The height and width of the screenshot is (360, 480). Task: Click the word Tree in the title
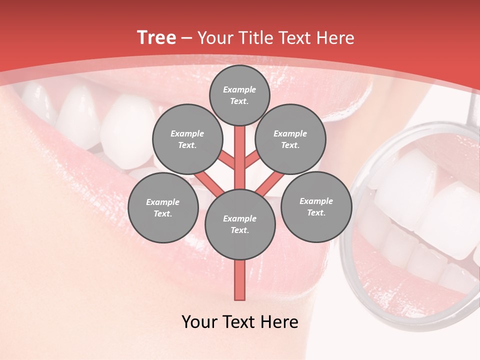point(156,37)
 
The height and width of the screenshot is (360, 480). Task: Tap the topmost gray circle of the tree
point(239,95)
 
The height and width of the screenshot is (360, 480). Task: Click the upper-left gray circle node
point(187,139)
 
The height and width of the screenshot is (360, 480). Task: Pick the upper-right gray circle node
point(290,139)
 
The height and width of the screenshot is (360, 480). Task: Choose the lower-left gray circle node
point(162,207)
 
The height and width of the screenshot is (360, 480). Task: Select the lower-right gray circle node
point(316,206)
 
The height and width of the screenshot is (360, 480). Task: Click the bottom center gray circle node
point(240,224)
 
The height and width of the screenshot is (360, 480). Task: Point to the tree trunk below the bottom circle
point(240,280)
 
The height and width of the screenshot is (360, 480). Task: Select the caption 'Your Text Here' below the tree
point(240,322)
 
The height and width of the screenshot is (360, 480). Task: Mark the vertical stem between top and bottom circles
point(240,155)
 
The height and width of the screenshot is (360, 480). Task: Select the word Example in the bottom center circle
point(239,218)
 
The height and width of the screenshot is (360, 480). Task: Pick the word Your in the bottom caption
point(199,322)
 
